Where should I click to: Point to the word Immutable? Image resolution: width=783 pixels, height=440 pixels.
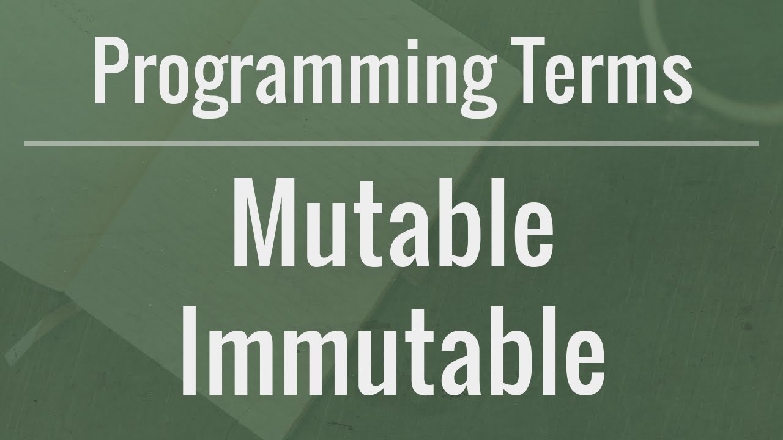click(x=392, y=351)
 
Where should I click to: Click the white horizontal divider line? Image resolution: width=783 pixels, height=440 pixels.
click(x=391, y=144)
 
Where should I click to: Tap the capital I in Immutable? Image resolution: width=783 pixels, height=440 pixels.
click(x=191, y=351)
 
